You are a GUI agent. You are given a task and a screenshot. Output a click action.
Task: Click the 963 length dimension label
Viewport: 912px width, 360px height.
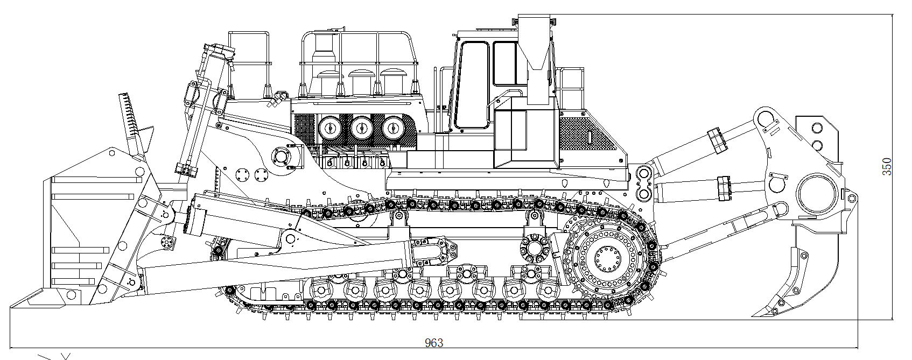click(433, 343)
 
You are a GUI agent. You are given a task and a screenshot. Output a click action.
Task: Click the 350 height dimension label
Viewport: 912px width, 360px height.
click(887, 166)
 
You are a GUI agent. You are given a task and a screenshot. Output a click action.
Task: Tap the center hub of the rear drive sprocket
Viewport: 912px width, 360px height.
click(608, 258)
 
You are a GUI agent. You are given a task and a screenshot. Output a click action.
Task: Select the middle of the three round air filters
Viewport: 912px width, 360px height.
click(362, 129)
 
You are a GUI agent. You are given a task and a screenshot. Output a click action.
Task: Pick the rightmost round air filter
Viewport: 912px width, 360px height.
click(393, 129)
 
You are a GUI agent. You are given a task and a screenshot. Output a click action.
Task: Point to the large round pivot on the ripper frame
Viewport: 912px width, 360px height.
click(817, 194)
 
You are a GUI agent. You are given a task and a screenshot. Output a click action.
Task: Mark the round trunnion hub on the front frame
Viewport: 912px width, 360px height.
click(281, 156)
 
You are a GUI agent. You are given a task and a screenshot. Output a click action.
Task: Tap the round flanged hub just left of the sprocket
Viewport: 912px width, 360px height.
click(535, 248)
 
